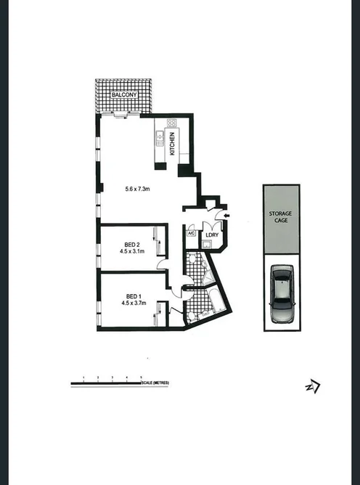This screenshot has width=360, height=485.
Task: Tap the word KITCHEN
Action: (172, 144)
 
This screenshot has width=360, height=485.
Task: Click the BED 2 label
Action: (133, 244)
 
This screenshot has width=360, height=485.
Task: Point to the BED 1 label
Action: (133, 296)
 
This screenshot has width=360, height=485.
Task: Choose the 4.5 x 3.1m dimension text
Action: (133, 252)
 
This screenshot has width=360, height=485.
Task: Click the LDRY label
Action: (212, 235)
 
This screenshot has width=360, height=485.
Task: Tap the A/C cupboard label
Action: (191, 234)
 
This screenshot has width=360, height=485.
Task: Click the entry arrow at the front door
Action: (227, 216)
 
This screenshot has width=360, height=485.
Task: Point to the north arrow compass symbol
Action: (313, 387)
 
